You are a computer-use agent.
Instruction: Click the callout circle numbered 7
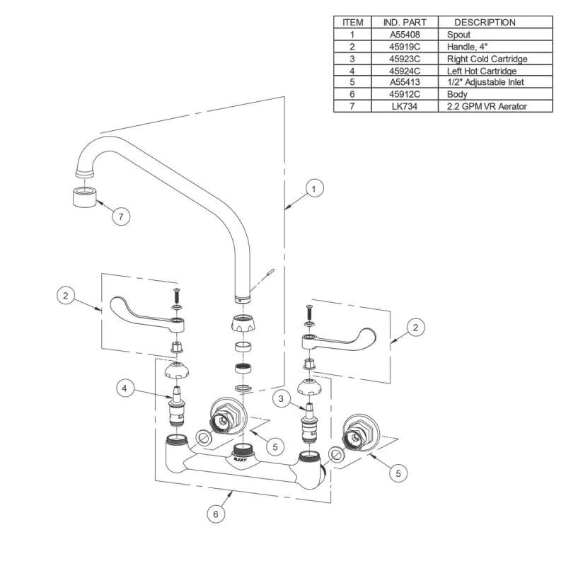(x=121, y=217)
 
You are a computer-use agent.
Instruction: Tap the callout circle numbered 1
(x=315, y=189)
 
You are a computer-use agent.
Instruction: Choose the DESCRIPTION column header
(x=485, y=22)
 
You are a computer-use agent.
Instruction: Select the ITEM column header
(x=353, y=22)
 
